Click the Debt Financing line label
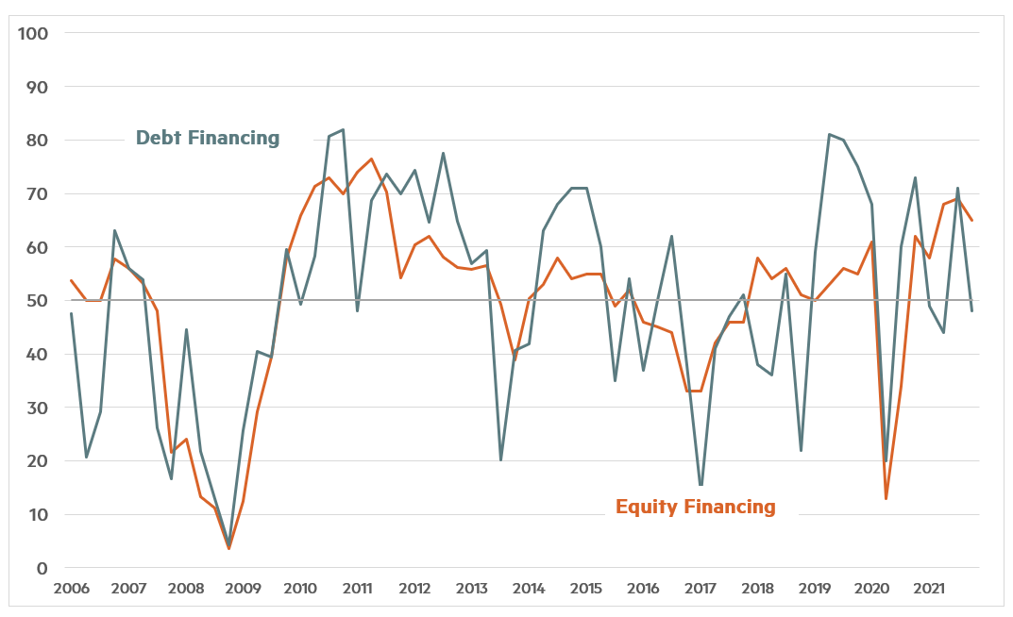point(208,138)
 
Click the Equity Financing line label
point(695,507)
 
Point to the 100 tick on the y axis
point(37,33)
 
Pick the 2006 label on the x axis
point(72,589)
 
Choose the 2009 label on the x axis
point(243,589)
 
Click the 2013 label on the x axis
point(471,589)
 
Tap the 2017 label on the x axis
point(700,589)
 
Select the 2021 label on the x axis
point(928,589)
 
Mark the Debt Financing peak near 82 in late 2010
point(343,130)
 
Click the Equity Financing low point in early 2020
point(886,498)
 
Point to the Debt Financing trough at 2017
point(701,485)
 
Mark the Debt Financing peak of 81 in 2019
point(829,134)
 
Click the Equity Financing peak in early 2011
point(371,158)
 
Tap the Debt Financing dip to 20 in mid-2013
point(500,459)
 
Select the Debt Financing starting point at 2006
point(72,313)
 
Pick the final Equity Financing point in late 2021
point(972,221)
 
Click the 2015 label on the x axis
point(585,589)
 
